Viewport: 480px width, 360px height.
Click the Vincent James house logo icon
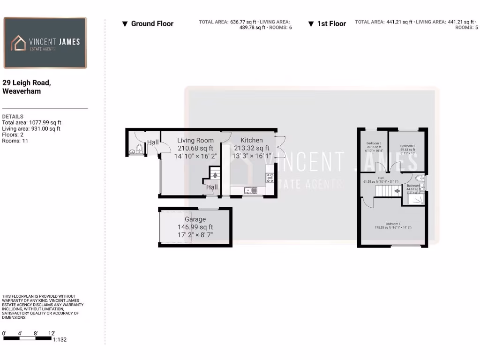pyautogui.click(x=19, y=43)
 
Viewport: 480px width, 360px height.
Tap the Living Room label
pyautogui.click(x=195, y=140)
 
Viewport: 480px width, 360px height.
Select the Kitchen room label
pyautogui.click(x=251, y=140)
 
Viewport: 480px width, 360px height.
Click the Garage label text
pyautogui.click(x=195, y=219)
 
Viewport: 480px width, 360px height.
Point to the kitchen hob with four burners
pyautogui.click(x=270, y=178)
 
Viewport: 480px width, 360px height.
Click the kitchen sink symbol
pyautogui.click(x=247, y=190)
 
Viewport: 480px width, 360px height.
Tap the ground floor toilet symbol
pyautogui.click(x=139, y=149)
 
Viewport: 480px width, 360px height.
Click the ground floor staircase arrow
pyautogui.click(x=215, y=175)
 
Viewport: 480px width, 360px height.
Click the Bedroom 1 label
pyautogui.click(x=392, y=224)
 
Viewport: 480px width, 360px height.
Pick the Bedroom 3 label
pyautogui.click(x=374, y=143)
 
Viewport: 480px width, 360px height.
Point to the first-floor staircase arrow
pyautogui.click(x=396, y=190)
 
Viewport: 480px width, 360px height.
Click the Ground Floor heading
pyautogui.click(x=152, y=24)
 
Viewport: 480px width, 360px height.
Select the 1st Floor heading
pyautogui.click(x=331, y=24)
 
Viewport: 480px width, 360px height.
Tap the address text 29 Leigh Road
pyautogui.click(x=26, y=82)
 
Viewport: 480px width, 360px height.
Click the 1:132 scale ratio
pyautogui.click(x=60, y=340)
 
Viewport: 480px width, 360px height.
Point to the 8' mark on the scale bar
pyautogui.click(x=36, y=333)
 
